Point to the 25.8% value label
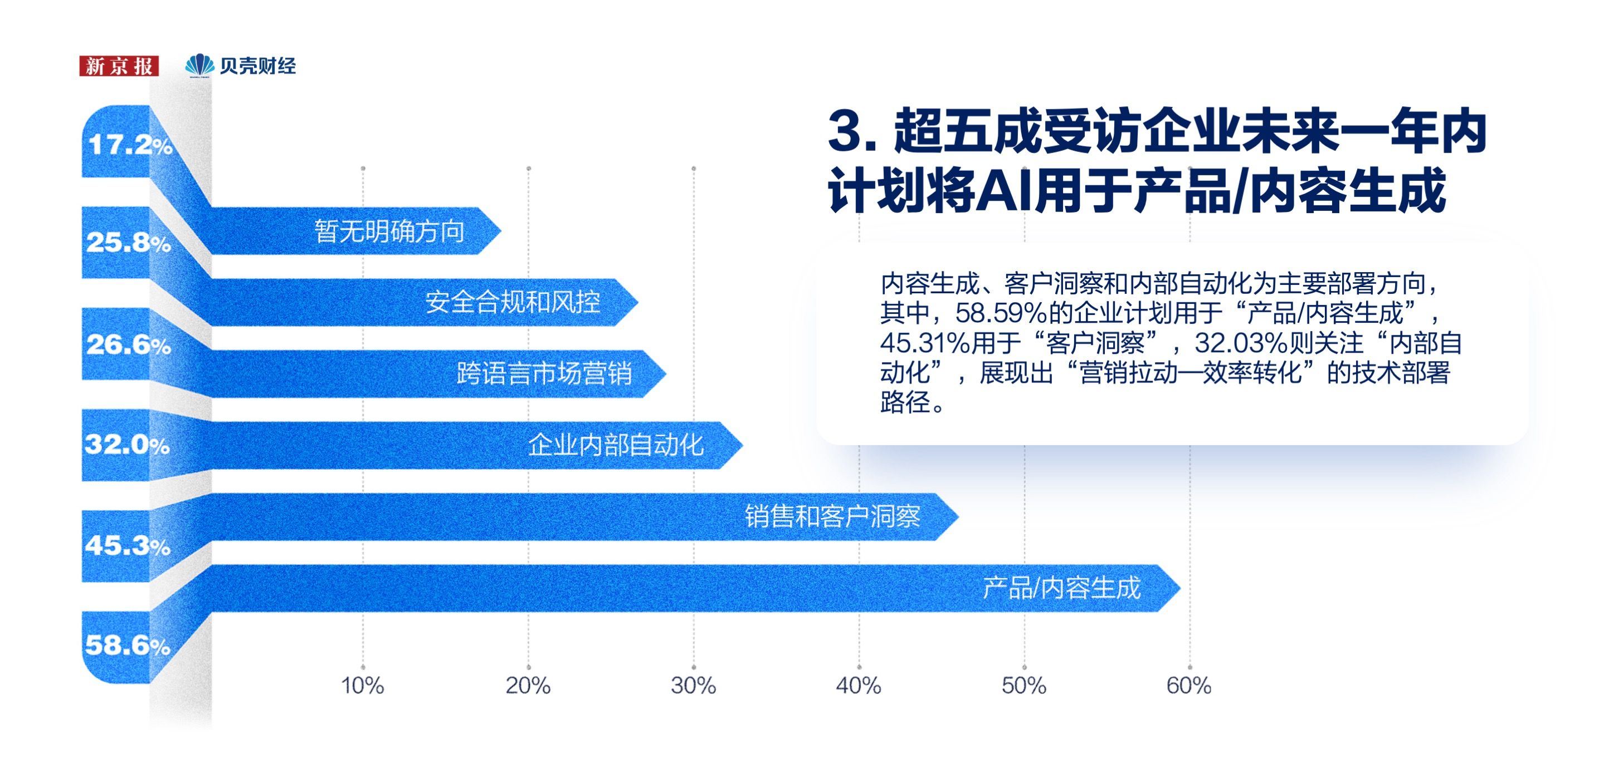129,242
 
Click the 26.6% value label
129,344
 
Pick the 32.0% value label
128,444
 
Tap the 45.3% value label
128,546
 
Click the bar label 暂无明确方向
389,231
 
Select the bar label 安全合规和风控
513,302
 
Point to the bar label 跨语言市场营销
545,373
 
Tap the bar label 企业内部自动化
616,445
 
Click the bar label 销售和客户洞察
832,516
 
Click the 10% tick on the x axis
362,686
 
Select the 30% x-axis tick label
693,686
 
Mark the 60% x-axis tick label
1189,686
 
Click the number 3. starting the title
852,132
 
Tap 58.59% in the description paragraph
1001,313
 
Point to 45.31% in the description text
926,343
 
